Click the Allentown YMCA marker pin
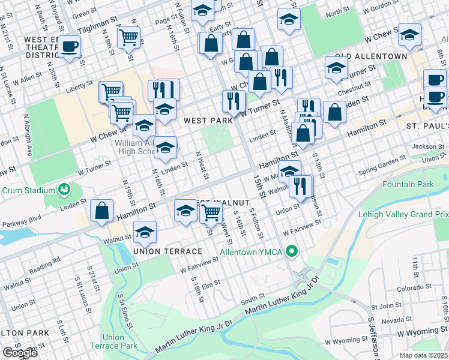click(292, 251)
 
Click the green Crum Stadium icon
click(63, 190)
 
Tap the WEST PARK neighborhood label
click(208, 121)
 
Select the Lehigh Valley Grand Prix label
click(403, 214)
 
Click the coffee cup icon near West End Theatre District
click(69, 46)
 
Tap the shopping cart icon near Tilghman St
click(129, 38)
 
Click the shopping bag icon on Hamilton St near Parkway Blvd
click(102, 211)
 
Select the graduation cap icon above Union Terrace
click(144, 232)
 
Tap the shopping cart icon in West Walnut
click(211, 212)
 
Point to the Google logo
click(20, 353)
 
